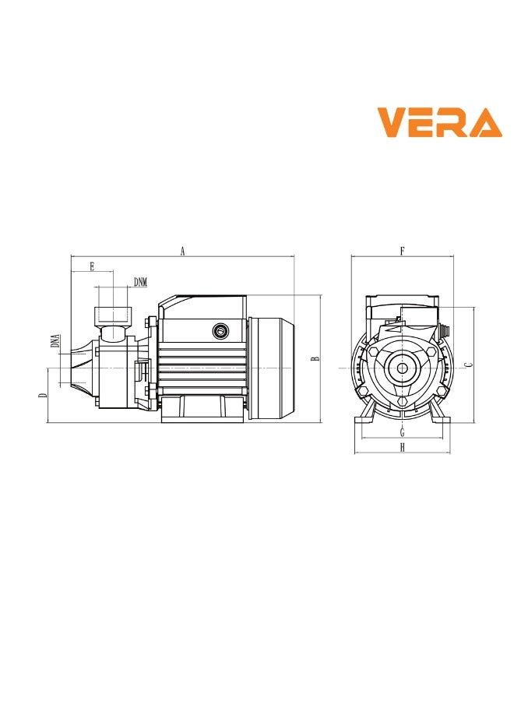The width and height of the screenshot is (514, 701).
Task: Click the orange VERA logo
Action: click(439, 123)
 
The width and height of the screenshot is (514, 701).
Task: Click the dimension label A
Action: click(182, 251)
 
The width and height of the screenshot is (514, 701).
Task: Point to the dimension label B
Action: click(315, 359)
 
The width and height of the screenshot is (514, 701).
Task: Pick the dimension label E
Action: click(92, 266)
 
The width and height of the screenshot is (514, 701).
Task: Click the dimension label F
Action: click(402, 251)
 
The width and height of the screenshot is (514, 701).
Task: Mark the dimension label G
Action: click(402, 432)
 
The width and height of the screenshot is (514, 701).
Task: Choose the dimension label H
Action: click(402, 447)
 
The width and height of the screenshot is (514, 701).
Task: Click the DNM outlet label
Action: click(140, 281)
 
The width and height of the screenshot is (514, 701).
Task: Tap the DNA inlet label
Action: click(55, 340)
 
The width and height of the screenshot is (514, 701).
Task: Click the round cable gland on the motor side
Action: click(221, 332)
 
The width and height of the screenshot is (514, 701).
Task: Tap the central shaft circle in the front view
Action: click(402, 368)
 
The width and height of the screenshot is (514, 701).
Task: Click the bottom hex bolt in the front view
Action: click(402, 402)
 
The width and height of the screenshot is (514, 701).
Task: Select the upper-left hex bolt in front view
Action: click(375, 352)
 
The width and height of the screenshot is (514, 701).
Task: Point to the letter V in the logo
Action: click(393, 123)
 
